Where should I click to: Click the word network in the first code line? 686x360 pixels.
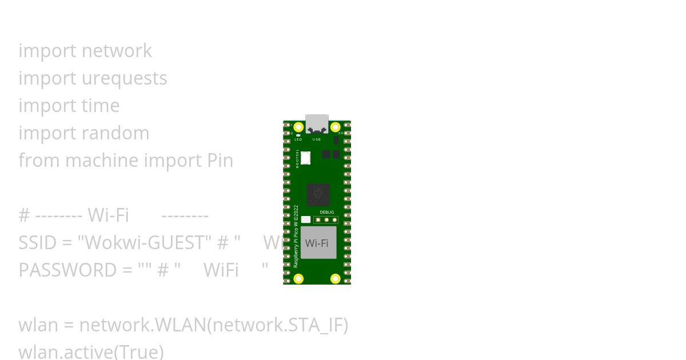click(x=117, y=51)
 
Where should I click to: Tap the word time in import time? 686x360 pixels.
click(x=101, y=106)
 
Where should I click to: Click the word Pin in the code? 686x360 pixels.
click(x=219, y=161)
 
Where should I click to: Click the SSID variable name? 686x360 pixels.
click(x=37, y=243)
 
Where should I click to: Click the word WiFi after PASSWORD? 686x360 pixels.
click(x=221, y=270)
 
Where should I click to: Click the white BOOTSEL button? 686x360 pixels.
click(x=305, y=158)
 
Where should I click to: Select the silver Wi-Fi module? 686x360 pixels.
click(x=318, y=242)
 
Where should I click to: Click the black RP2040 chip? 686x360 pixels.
click(x=318, y=195)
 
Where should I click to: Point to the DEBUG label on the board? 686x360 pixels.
click(x=326, y=213)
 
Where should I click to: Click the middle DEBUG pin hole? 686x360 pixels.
click(x=326, y=219)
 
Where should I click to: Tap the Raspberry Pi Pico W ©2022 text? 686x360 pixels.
click(x=296, y=236)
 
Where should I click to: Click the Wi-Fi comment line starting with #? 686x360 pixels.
click(x=113, y=215)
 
